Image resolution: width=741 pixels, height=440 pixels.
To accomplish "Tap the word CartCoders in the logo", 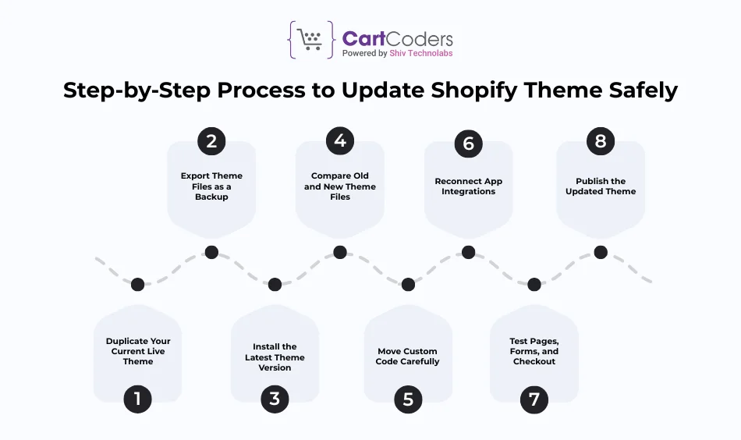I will coord(397,38).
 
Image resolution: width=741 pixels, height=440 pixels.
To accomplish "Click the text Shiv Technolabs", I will coord(422,53).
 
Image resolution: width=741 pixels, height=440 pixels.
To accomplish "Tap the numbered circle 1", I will coord(138,399).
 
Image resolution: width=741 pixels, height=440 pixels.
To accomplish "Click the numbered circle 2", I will coord(211,141).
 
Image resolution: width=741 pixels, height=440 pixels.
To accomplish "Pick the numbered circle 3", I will coord(275,399).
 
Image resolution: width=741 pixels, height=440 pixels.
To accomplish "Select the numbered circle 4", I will coord(340,141).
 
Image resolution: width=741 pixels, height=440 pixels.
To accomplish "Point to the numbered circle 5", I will coord(408,399).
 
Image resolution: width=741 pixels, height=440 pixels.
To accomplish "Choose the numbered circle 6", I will coord(468,143).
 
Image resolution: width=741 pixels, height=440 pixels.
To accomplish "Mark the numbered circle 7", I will coord(534,399).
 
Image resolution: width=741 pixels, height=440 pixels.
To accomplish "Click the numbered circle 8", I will coord(601,141).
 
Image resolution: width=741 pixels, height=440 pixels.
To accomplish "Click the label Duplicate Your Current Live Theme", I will coord(138,351).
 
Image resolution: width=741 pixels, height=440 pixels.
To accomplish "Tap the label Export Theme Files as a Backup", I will coord(211,186).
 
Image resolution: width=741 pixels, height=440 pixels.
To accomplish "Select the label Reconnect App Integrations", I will coord(468,186).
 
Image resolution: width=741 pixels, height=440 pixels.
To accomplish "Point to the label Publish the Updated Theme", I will coord(601,186).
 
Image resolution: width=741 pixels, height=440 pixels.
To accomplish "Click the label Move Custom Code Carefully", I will coord(408,357).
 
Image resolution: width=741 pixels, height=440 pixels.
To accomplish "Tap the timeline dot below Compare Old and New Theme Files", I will coord(340,252).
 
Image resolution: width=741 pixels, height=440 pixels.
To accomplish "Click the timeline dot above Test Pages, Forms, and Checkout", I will coord(534,284).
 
